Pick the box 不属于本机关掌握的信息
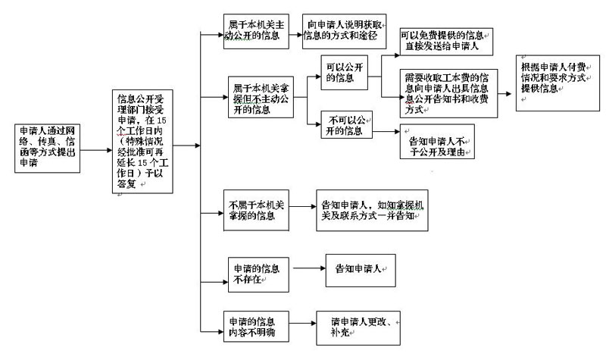click(256, 208)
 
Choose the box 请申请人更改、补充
click(357, 324)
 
